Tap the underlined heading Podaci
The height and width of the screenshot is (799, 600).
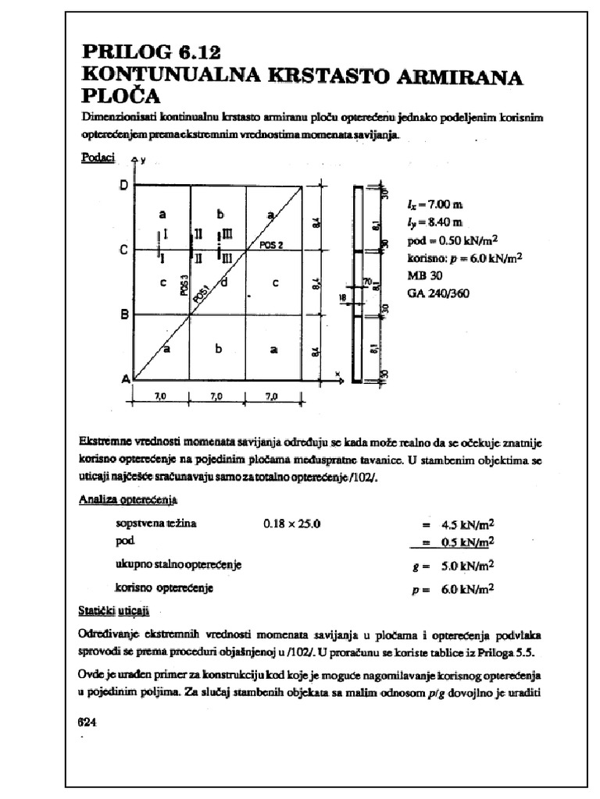[x=98, y=158]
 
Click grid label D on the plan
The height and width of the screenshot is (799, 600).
[x=123, y=185]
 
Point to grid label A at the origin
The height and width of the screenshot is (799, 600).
[x=124, y=379]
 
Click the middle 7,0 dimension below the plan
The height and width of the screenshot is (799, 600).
[x=216, y=396]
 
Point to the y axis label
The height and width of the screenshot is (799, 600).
[x=144, y=160]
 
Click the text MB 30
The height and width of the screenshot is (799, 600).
[x=424, y=275]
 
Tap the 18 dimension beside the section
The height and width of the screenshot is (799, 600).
[x=341, y=297]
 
